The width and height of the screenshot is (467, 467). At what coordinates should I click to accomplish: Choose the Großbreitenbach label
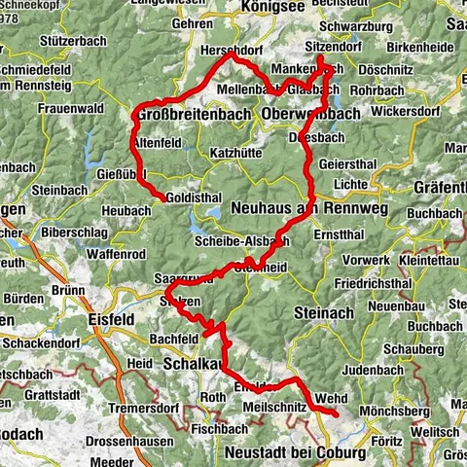point(185,115)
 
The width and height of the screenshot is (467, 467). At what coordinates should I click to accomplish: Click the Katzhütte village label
point(239,153)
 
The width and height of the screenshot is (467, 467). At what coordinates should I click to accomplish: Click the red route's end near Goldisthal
point(162,198)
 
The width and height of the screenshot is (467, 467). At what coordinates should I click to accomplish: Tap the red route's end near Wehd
point(336,414)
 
